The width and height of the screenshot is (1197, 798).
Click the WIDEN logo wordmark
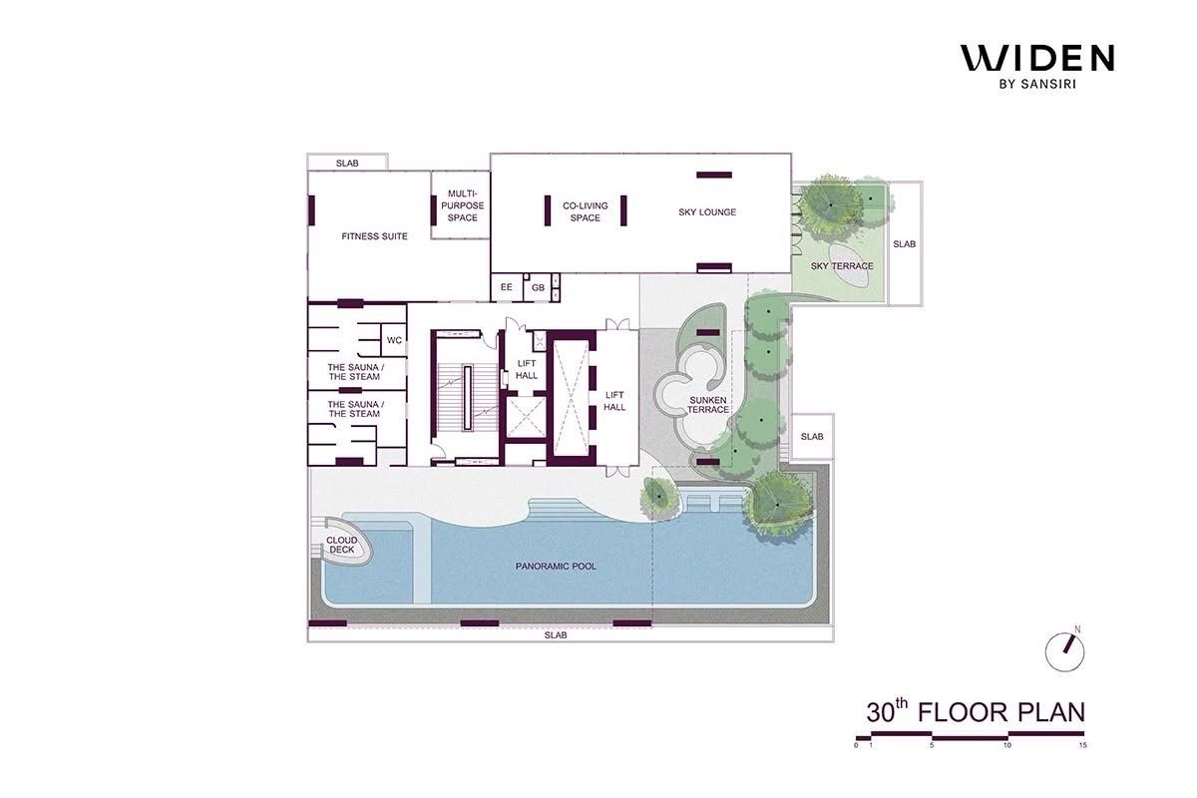1037,58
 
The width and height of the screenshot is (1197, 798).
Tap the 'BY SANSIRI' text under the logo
1037,84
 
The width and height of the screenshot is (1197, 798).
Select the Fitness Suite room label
374,236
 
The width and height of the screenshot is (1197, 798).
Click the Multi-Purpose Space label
462,205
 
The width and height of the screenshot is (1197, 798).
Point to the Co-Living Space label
586,211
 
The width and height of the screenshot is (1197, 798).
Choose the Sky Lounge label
707,212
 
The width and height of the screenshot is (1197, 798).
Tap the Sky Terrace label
842,266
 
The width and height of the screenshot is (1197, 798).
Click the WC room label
394,340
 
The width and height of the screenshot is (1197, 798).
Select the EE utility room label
506,287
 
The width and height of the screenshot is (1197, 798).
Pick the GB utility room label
538,287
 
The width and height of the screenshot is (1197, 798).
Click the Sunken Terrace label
708,405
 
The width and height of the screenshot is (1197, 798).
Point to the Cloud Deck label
341,545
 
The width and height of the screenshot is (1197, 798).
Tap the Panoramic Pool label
556,566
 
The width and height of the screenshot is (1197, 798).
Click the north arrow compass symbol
1064,650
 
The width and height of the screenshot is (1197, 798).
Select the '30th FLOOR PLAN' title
976,712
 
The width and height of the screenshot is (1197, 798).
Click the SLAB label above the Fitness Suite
347,163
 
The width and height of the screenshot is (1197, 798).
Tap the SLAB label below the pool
556,635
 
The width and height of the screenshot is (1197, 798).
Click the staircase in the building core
468,398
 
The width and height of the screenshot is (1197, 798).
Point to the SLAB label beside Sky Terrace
904,243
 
